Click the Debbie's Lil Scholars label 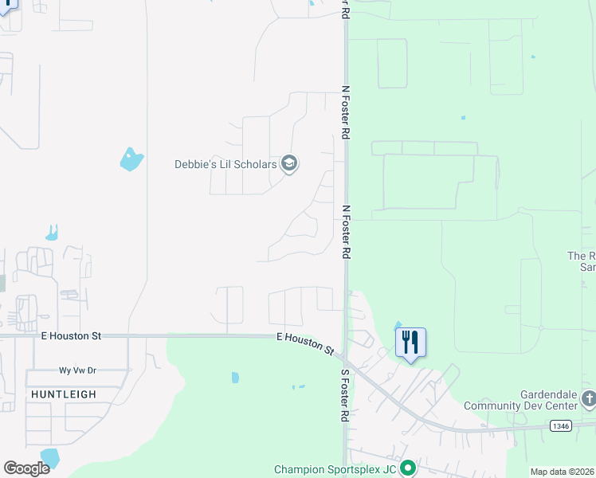225,165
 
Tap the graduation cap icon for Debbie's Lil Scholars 289,165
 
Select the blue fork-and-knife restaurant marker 410,343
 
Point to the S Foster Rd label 345,395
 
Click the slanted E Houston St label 305,343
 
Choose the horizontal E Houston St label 72,336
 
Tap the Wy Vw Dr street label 77,370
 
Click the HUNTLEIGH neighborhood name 64,394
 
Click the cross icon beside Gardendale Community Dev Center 588,398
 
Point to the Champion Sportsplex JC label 335,469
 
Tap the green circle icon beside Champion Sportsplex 408,468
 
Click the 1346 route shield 560,427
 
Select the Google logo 26,468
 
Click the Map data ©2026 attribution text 562,472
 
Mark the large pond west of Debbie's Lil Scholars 131,159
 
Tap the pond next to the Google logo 50,456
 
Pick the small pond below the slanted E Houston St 235,378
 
